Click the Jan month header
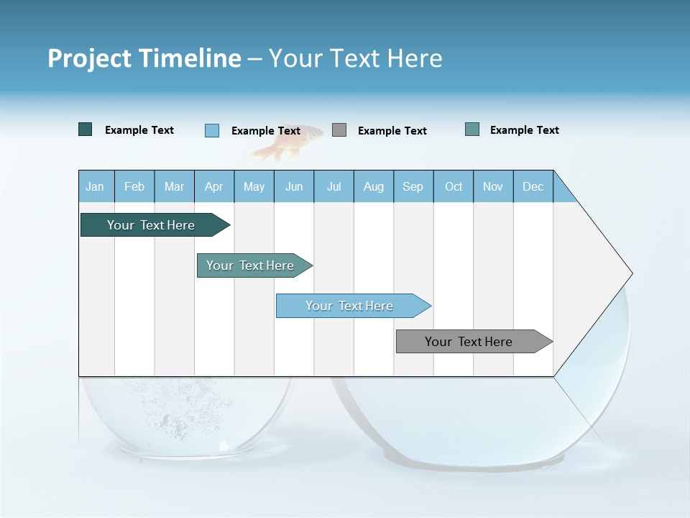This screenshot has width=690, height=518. pyautogui.click(x=95, y=187)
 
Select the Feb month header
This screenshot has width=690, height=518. pyautogui.click(x=134, y=187)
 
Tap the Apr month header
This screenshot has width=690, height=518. pyautogui.click(x=213, y=187)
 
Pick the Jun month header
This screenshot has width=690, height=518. pyautogui.click(x=294, y=187)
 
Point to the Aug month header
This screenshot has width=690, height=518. pyautogui.click(x=374, y=187)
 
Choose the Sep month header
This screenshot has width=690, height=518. pyautogui.click(x=413, y=187)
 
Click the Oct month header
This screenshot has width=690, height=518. pyautogui.click(x=454, y=187)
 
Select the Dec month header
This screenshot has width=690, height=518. pyautogui.click(x=533, y=187)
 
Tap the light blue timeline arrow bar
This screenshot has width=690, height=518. pyautogui.click(x=351, y=306)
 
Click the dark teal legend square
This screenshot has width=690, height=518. pyautogui.click(x=86, y=129)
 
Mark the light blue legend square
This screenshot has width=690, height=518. pyautogui.click(x=212, y=130)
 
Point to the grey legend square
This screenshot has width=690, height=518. pyautogui.click(x=339, y=130)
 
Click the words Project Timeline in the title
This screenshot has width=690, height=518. pyautogui.click(x=144, y=58)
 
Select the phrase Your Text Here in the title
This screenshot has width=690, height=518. pyautogui.click(x=355, y=58)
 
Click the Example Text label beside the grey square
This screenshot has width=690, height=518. pyautogui.click(x=392, y=131)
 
